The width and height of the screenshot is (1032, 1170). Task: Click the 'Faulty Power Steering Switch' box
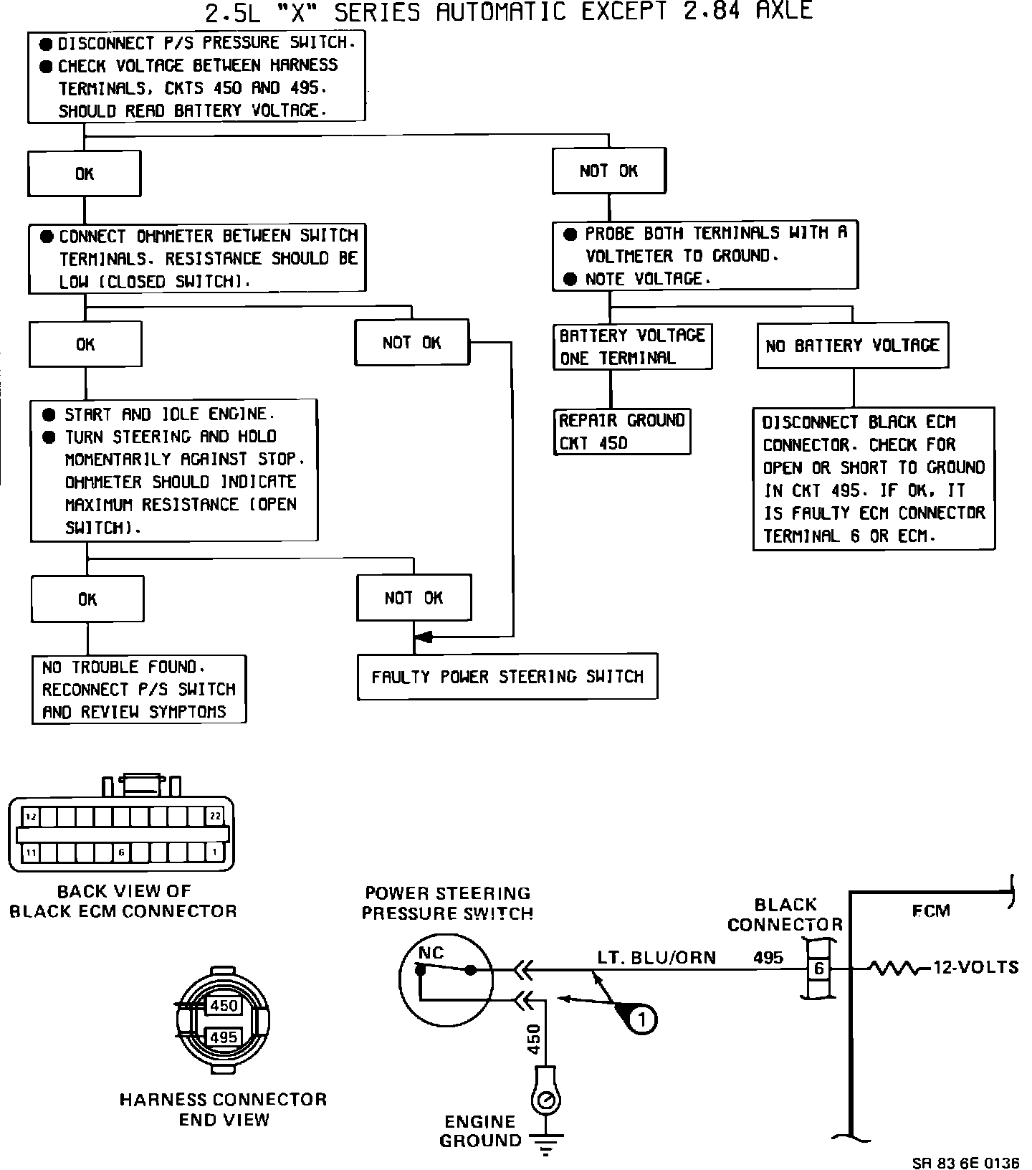(507, 676)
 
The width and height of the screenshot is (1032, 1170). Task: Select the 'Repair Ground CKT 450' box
(622, 432)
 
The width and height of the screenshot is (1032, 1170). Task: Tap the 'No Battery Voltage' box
(852, 346)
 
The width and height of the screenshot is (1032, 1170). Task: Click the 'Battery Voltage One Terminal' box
(632, 347)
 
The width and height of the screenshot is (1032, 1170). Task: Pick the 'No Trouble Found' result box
(139, 689)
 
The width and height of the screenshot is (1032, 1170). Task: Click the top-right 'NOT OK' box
(608, 171)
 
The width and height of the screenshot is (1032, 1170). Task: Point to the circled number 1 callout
(642, 1019)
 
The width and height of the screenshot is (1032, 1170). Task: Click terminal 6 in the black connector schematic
(818, 969)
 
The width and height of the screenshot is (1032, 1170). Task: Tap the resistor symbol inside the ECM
(894, 969)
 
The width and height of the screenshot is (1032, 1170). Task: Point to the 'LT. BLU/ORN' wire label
(656, 958)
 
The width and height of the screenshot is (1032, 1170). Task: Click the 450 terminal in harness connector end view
(223, 1006)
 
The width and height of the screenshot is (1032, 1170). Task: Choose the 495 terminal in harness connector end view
(223, 1037)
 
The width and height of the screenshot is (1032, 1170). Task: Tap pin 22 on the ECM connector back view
(215, 816)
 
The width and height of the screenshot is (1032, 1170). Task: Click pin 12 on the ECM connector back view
(31, 816)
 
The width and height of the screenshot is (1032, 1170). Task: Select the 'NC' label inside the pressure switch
(431, 953)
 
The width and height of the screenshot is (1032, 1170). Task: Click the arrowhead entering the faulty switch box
(424, 637)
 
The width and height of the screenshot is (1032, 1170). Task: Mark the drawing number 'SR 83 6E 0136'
(965, 1163)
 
